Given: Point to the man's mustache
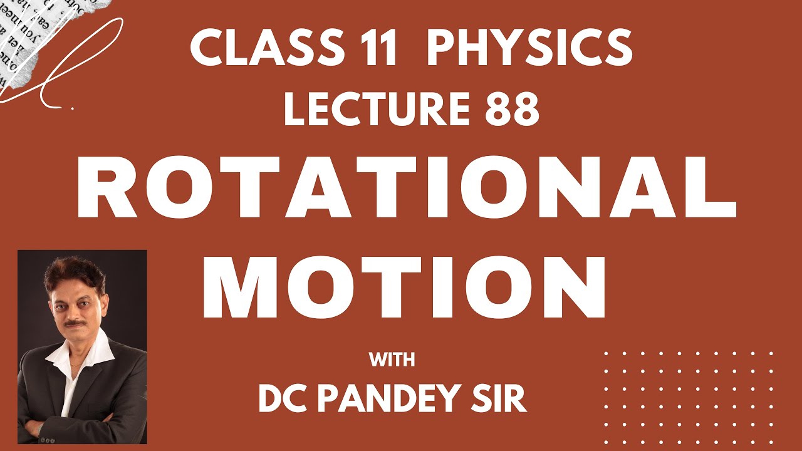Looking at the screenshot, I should point(75,323).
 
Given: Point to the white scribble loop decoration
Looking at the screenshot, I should point(75,56).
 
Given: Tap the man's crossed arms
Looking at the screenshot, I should point(81,426).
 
